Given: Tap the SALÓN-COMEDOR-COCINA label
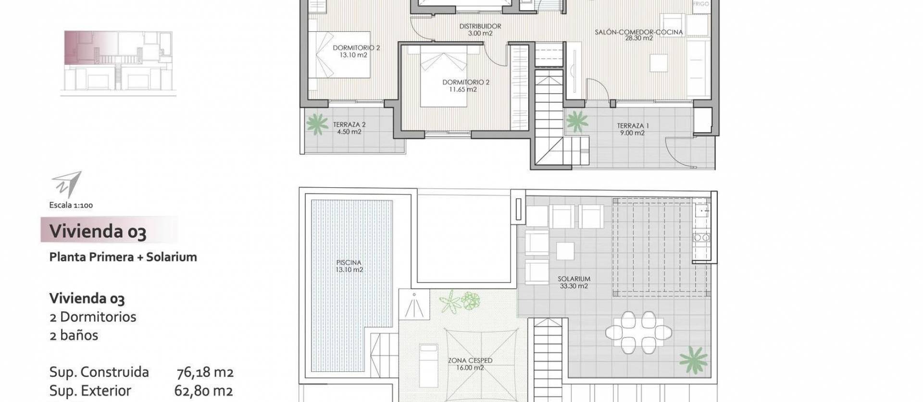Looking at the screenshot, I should pyautogui.click(x=638, y=32).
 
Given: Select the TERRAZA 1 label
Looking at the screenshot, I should pyautogui.click(x=633, y=126).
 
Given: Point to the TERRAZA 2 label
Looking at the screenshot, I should pyautogui.click(x=349, y=124).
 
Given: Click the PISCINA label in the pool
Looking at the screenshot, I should pyautogui.click(x=349, y=263).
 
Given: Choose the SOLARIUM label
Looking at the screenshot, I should pyautogui.click(x=574, y=279).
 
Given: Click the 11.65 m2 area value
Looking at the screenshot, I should pyautogui.click(x=460, y=89).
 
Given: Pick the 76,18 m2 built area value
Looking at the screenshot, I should pyautogui.click(x=205, y=372).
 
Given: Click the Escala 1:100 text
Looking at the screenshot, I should pyautogui.click(x=71, y=205).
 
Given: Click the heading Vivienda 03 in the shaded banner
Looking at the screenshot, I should pyautogui.click(x=98, y=231).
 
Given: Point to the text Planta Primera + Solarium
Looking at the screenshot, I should pyautogui.click(x=123, y=257).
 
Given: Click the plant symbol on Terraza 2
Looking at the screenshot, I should pyautogui.click(x=316, y=124).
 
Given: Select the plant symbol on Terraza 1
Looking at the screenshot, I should pyautogui.click(x=577, y=122).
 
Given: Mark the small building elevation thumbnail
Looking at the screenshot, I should pyautogui.click(x=118, y=63).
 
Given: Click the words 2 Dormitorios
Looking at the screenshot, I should pyautogui.click(x=93, y=317).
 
